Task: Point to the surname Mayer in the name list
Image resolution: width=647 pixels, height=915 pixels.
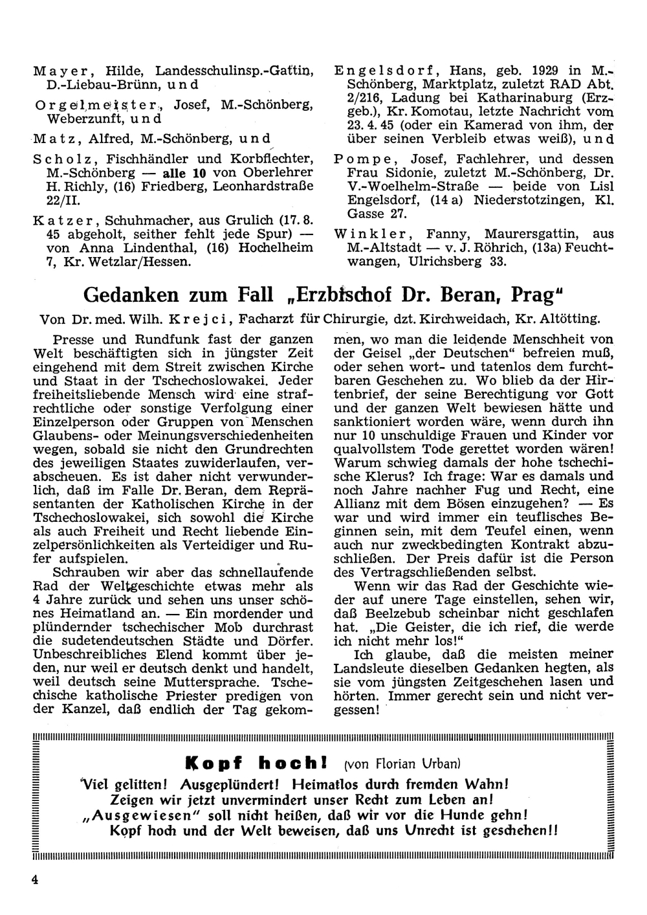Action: (53, 71)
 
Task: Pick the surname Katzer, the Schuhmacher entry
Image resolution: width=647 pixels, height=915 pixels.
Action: (54, 221)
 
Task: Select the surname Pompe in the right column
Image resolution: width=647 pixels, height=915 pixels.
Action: (360, 158)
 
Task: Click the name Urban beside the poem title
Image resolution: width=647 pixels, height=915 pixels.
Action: (444, 763)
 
